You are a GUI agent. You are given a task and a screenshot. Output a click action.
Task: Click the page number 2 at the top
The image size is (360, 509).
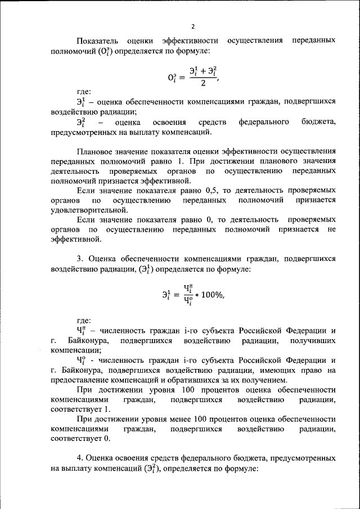pos(192,26)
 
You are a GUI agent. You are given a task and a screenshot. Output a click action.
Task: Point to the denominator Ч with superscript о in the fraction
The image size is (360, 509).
pos(188,301)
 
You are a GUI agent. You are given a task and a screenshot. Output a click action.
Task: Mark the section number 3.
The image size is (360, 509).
pos(79,259)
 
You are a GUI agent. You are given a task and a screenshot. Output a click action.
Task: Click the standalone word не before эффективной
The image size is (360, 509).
pos(331,229)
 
